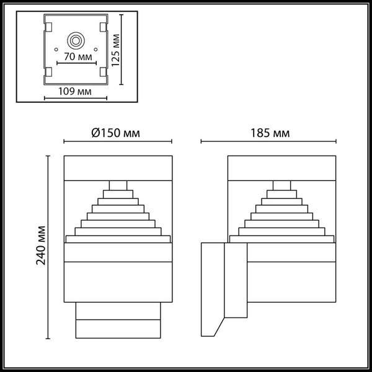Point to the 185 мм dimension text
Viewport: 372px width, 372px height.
pos(271,132)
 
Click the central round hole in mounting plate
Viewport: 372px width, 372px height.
pos(77,42)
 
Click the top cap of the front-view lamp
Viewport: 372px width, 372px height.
pos(117,167)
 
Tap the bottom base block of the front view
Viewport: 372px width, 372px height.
pos(117,319)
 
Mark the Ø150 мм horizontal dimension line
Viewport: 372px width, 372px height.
pos(117,142)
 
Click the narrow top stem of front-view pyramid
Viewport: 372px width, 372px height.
pos(118,184)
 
